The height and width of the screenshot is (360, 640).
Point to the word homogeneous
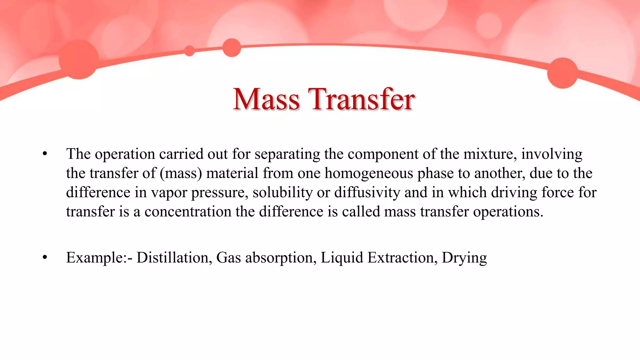(x=369, y=173)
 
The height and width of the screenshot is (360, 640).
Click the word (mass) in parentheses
(x=181, y=173)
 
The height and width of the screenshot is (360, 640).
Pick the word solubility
(x=282, y=192)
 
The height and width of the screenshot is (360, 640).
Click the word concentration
(x=188, y=212)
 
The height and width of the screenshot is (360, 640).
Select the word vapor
(x=169, y=192)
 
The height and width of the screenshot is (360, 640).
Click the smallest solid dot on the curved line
(x=189, y=51)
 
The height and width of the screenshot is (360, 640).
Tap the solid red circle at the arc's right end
(x=562, y=73)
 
